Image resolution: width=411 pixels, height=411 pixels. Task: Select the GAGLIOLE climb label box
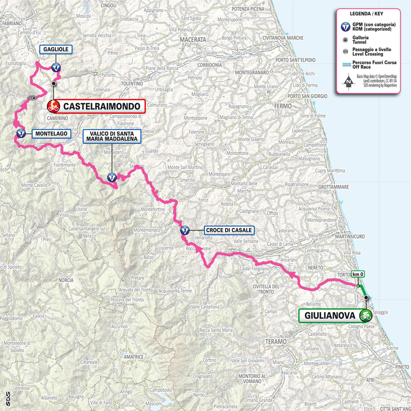(56, 50)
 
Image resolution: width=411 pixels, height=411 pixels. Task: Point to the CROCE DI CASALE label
(229, 231)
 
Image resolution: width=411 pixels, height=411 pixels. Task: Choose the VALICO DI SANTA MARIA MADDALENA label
(111, 136)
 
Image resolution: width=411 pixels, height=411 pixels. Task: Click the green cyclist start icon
(365, 316)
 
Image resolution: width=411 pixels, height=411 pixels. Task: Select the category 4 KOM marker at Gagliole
(56, 68)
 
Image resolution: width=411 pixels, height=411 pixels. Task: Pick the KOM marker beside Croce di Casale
(185, 231)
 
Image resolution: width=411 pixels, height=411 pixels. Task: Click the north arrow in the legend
(348, 82)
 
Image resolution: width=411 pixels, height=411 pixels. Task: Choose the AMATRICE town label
(133, 356)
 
